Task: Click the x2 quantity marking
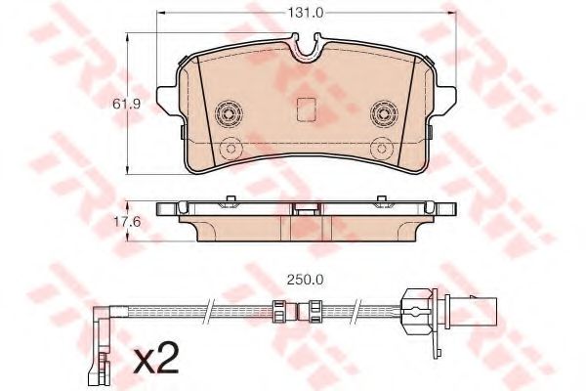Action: [x=156, y=363]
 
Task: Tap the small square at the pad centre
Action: [x=306, y=110]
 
